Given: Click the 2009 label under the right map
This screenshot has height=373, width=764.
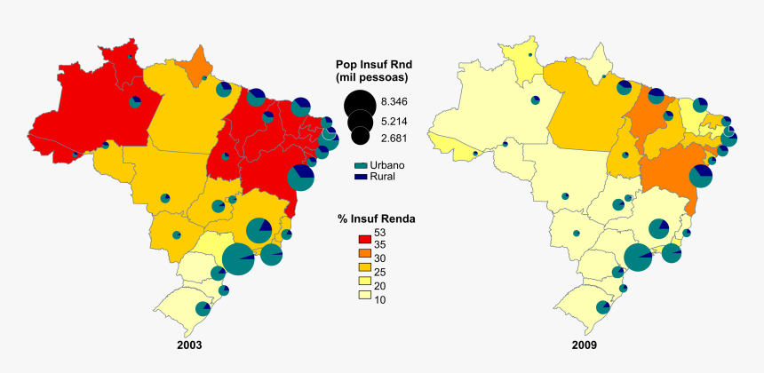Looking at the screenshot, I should (x=584, y=345).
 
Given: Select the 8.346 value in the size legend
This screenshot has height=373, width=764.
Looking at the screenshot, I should (x=394, y=102).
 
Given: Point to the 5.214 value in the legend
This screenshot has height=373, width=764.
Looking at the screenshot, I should (x=394, y=120).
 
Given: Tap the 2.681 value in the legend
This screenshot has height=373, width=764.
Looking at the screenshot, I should (x=394, y=138).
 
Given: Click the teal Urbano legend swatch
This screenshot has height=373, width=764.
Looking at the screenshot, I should (x=360, y=165).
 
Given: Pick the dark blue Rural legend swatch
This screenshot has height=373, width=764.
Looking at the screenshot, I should (x=360, y=176).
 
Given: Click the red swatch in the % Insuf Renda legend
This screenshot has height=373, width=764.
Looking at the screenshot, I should (x=362, y=237).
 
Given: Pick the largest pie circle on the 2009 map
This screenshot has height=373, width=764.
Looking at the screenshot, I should (x=638, y=258).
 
